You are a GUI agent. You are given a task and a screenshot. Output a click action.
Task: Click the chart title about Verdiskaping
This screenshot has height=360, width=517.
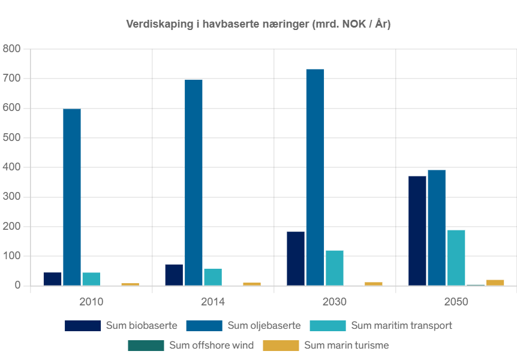click(258, 25)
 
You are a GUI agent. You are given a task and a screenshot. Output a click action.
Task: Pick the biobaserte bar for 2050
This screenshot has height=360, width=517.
click(417, 230)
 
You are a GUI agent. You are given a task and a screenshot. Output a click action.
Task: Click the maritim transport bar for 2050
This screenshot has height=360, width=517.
click(456, 257)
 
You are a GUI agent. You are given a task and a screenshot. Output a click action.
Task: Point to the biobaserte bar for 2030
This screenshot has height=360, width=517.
click(296, 258)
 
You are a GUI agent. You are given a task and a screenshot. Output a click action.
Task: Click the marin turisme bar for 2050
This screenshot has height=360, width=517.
click(495, 282)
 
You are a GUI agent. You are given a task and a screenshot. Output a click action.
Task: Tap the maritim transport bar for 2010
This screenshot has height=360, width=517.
click(91, 278)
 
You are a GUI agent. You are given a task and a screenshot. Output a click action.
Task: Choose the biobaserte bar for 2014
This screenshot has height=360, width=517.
click(174, 274)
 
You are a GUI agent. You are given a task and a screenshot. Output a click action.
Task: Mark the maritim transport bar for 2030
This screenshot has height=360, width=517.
click(334, 268)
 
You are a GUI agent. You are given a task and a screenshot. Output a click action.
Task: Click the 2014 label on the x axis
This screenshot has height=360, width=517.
click(212, 302)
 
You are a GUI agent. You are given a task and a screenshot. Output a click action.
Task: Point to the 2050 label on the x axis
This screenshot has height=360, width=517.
click(456, 302)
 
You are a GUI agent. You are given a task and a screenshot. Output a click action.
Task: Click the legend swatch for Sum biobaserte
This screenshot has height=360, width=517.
click(83, 326)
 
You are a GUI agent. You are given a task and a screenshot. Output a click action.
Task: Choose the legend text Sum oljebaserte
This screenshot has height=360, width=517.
click(264, 326)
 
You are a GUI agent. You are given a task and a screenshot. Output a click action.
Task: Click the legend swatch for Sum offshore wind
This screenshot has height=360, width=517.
click(146, 345)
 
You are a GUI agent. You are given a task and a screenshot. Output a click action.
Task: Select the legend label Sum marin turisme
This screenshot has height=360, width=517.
click(346, 345)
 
